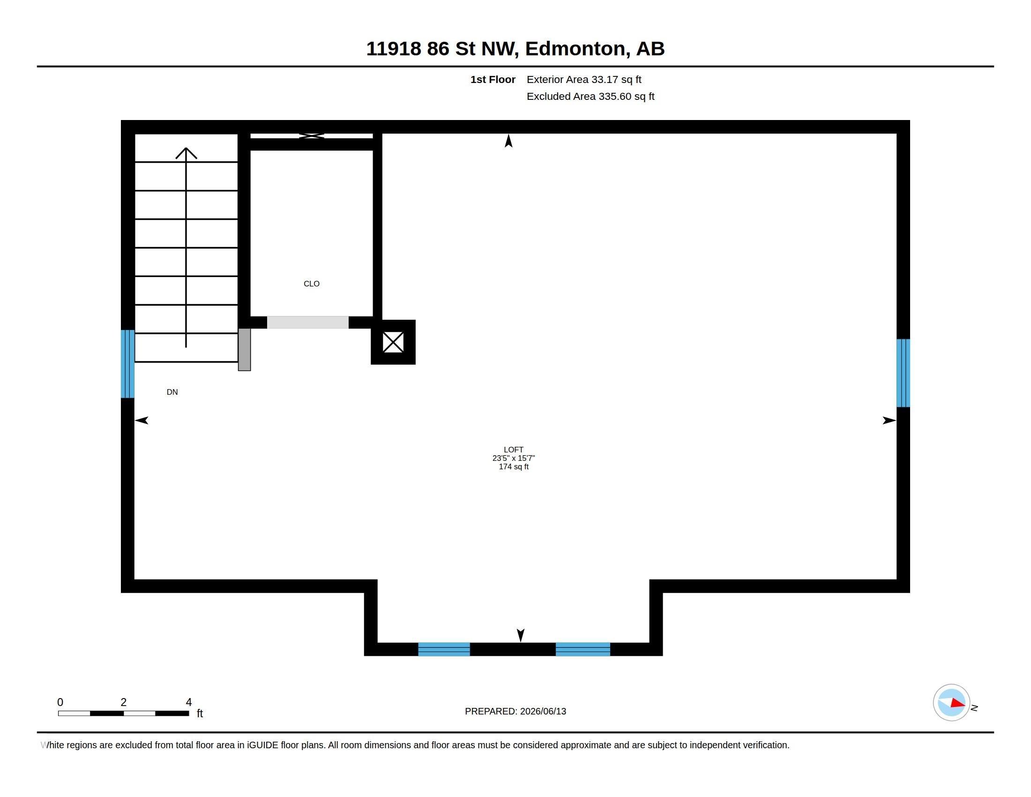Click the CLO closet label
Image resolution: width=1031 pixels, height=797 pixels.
312,284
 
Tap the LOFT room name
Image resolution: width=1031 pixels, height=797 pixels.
513,450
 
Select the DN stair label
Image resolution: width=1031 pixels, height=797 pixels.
172,392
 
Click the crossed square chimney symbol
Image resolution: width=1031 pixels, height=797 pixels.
393,342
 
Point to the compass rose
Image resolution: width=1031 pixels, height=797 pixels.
951,703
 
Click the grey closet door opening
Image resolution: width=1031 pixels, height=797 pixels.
308,323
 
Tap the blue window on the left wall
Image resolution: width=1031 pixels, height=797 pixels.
128,364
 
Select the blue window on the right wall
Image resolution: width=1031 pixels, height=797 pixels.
903,373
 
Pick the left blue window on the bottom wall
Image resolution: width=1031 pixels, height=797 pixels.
444,649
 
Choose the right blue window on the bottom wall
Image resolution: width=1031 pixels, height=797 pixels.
583,649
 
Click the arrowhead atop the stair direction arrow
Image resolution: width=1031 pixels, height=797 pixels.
186,153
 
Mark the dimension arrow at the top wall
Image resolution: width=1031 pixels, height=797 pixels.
508,141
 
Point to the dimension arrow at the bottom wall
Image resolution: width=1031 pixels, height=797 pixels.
521,636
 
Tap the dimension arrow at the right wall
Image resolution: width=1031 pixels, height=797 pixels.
889,420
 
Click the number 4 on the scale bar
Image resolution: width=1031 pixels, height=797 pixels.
189,702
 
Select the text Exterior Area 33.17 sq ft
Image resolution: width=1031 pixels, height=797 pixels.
584,80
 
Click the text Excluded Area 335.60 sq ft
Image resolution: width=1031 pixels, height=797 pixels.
590,97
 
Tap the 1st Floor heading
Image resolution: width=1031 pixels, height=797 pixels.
493,80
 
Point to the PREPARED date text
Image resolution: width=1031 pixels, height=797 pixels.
515,712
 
